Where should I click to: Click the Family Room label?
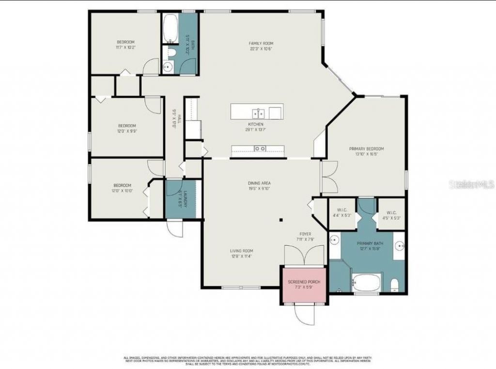(x=262, y=44)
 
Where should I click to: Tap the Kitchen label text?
(x=256, y=124)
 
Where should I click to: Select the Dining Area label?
(x=259, y=183)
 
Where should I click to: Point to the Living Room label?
(x=241, y=251)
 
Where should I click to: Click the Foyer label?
(x=305, y=234)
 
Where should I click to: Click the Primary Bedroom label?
(x=367, y=149)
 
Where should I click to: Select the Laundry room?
(x=180, y=200)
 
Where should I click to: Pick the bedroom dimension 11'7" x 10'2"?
(x=125, y=48)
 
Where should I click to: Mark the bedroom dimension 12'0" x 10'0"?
(x=123, y=191)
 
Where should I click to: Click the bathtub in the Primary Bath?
(x=367, y=282)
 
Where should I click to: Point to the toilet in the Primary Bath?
(x=394, y=284)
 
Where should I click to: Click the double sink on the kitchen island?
(x=260, y=113)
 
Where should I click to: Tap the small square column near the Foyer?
(x=281, y=220)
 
